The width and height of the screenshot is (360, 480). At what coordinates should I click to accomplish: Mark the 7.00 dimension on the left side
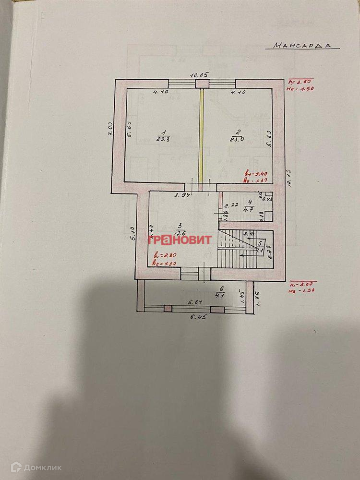click(x=110, y=130)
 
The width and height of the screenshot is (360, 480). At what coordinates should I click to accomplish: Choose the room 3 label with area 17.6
click(x=180, y=229)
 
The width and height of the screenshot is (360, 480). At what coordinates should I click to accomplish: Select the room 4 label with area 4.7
click(x=249, y=205)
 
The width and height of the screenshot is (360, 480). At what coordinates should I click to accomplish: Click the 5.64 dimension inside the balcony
click(x=195, y=302)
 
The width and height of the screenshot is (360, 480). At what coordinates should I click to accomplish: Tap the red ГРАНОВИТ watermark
click(x=180, y=240)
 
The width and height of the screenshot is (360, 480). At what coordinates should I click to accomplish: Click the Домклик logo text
click(x=30, y=467)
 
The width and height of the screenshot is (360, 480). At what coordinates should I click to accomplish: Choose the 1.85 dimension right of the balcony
click(x=257, y=299)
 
